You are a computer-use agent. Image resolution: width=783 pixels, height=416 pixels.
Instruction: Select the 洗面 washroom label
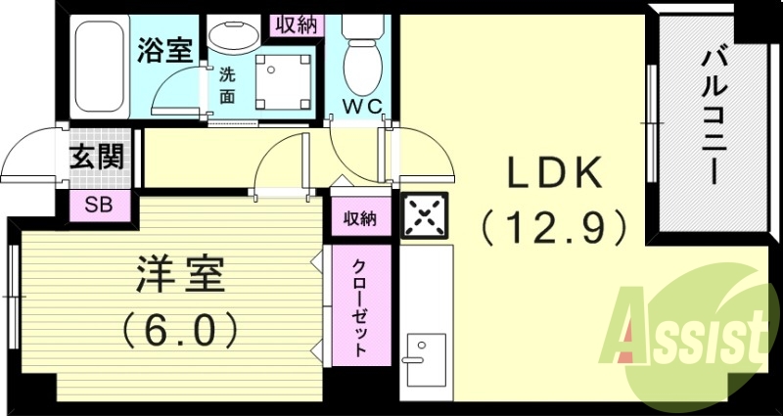tap(227, 85)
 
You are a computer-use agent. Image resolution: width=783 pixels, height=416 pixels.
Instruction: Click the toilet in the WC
tap(364, 54)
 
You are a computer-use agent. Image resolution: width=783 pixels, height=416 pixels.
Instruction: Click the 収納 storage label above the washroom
tap(295, 24)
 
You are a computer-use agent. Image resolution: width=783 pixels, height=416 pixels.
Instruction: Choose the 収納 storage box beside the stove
tap(359, 218)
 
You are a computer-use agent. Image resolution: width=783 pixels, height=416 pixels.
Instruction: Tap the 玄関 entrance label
tap(98, 158)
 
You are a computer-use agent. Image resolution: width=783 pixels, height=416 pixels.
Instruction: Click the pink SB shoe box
tap(98, 205)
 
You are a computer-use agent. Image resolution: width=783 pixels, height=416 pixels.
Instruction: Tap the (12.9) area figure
tap(552, 228)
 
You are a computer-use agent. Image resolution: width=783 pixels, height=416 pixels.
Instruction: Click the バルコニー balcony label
tap(712, 114)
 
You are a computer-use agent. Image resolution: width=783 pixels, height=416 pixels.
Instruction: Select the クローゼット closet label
tap(360, 307)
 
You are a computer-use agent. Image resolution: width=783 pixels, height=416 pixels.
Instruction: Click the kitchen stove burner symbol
tap(423, 215)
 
